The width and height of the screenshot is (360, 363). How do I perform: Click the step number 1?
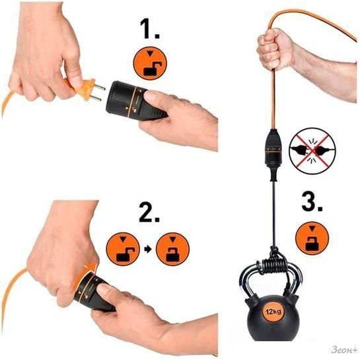point(150,28)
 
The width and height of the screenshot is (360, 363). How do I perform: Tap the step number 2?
point(149,212)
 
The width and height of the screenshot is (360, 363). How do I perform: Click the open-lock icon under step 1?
point(150,63)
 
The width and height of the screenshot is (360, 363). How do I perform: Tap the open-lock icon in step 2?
point(123,249)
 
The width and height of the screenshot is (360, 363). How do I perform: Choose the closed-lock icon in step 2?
point(172,249)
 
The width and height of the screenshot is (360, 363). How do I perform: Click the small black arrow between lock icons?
point(148,249)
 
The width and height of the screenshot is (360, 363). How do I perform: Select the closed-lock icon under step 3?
point(312,238)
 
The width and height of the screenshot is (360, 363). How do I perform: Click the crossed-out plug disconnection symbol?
point(312,150)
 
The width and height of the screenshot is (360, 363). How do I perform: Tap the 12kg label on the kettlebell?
point(273,312)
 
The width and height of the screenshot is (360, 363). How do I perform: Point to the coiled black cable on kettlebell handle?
point(274,265)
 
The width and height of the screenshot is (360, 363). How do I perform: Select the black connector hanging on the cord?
point(273,154)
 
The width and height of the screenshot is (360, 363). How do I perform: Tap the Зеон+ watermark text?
point(344,350)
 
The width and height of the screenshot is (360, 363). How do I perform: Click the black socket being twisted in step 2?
point(93,292)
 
